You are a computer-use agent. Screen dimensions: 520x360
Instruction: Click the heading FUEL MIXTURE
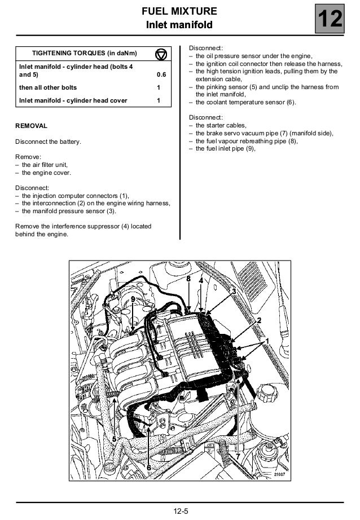[179, 11]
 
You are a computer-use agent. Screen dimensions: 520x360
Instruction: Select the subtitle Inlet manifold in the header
[179, 25]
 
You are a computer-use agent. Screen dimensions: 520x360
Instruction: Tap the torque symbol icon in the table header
[161, 54]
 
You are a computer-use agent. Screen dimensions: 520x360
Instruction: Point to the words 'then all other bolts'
[48, 88]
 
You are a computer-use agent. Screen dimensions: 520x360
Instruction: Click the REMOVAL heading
[31, 125]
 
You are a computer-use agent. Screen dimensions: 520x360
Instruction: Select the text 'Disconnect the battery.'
[48, 142]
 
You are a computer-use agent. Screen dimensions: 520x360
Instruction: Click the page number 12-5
[181, 512]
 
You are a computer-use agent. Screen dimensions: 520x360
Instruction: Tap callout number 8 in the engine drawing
[188, 279]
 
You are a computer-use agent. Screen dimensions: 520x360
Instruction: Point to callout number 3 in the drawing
[234, 291]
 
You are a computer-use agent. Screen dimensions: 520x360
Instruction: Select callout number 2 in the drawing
[259, 320]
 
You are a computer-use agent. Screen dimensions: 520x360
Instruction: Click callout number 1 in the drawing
[267, 341]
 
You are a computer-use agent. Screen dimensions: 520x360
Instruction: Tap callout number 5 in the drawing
[114, 438]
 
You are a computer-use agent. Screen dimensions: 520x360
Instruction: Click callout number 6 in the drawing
[148, 468]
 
